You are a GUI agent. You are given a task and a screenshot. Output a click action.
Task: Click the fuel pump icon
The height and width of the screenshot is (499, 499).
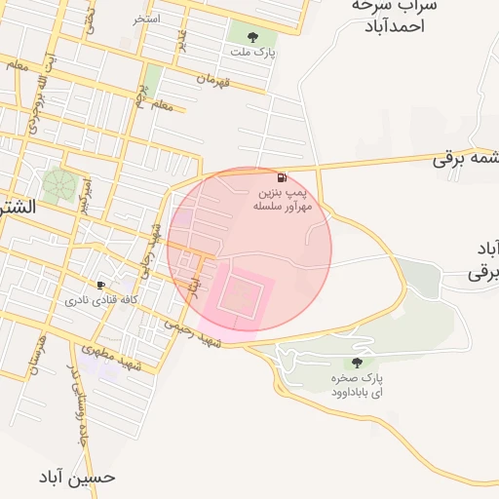(x=282, y=177)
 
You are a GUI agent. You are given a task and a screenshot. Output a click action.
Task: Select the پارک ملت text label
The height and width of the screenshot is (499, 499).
(x=252, y=53)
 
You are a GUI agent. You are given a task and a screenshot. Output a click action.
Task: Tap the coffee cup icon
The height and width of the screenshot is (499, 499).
(x=100, y=285)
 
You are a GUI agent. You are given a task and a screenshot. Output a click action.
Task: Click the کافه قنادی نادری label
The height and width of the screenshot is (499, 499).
(x=97, y=300)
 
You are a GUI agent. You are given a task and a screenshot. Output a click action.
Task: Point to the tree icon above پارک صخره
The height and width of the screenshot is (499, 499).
(x=356, y=363)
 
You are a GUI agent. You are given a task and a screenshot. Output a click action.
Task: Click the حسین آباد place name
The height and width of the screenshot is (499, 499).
(x=77, y=477)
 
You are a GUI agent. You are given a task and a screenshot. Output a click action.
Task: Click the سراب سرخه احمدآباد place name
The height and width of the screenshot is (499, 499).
(x=395, y=16)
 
